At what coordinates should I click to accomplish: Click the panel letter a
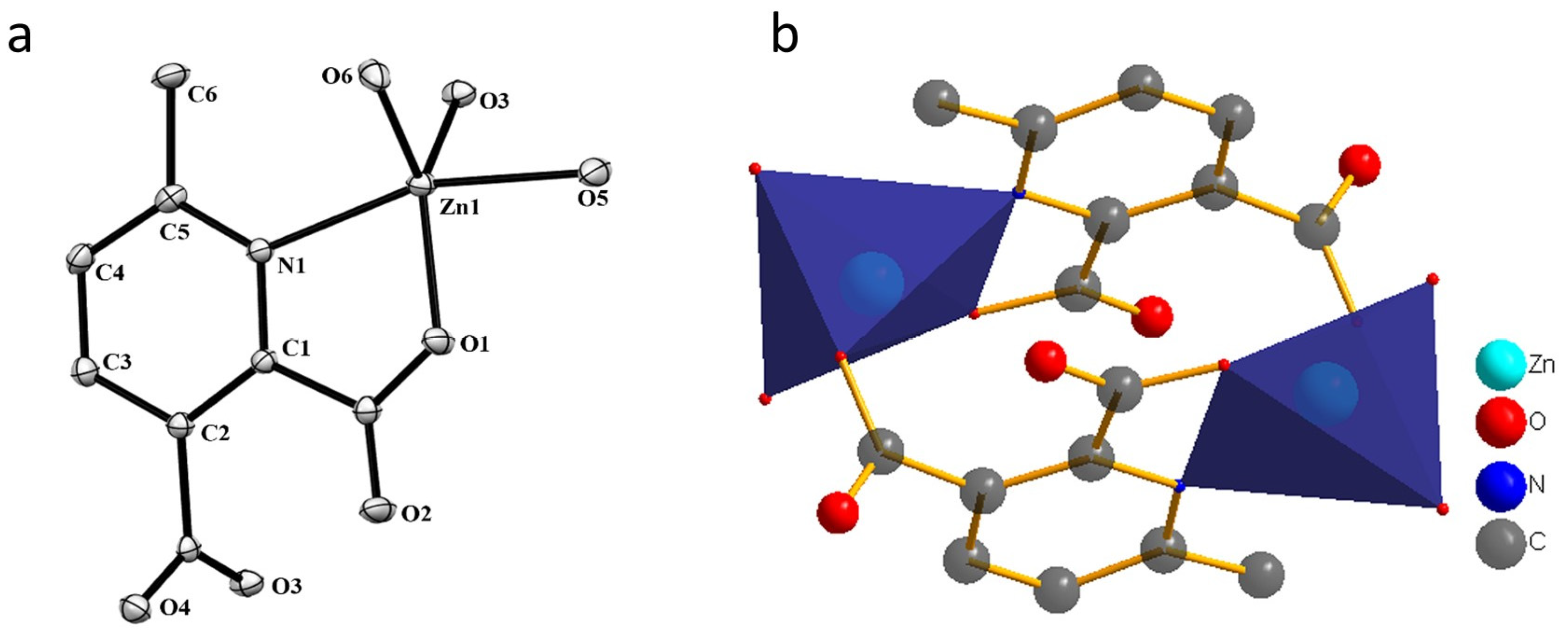click(x=19, y=39)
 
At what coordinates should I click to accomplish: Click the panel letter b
click(x=785, y=35)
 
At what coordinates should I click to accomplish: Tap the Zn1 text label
click(x=459, y=208)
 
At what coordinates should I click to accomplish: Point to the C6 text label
click(x=202, y=95)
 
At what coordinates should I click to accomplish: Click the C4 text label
click(x=110, y=273)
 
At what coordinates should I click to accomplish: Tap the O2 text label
click(x=417, y=514)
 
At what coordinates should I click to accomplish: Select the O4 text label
click(x=175, y=608)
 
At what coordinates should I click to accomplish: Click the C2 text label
click(x=215, y=433)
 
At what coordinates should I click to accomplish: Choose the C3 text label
click(x=117, y=362)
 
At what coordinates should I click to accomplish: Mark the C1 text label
click(x=295, y=348)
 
